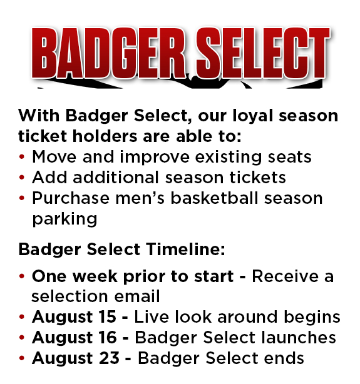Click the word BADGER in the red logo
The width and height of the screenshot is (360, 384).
coord(108,53)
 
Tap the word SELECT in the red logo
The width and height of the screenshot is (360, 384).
coord(263,53)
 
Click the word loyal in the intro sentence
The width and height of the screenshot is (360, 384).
coord(252,116)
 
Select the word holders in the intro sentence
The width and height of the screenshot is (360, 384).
coord(105,136)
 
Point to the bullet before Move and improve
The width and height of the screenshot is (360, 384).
coord(22,157)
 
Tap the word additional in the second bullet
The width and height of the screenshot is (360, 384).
coord(116,178)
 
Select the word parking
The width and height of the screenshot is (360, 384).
coord(64,220)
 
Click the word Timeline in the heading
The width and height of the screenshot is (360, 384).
coord(186,250)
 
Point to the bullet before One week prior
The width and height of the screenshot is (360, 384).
coord(22,276)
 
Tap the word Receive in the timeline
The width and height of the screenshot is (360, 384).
coord(285,276)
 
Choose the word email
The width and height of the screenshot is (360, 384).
coord(137,296)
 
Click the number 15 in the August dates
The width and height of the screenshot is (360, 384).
coord(107,317)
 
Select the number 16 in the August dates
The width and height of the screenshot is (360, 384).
coord(108,338)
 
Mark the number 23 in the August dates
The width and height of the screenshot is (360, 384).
coord(109,358)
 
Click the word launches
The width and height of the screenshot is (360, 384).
coord(299,338)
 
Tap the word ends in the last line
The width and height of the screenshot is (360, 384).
coord(284,358)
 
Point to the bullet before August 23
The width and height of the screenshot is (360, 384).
coord(22,358)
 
